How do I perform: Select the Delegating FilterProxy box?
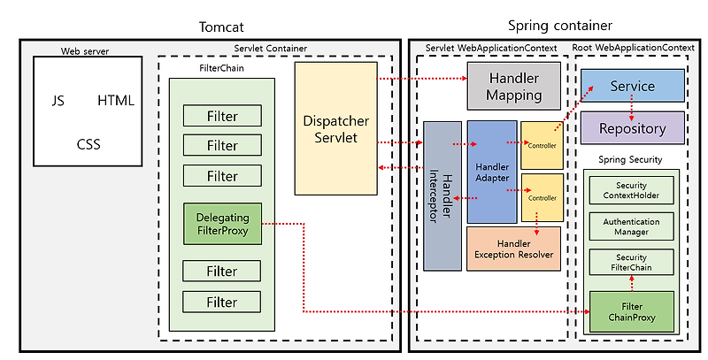(x=222, y=224)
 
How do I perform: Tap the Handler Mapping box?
(x=514, y=86)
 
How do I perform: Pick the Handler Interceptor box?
(x=442, y=195)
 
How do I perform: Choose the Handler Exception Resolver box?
(x=513, y=249)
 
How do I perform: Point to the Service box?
(x=632, y=86)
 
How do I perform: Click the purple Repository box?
(x=632, y=128)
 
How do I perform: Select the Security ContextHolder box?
(x=631, y=188)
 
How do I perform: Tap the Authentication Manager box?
(x=631, y=226)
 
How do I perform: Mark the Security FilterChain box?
(x=631, y=262)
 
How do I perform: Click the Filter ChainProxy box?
(x=631, y=310)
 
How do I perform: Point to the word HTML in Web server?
(x=116, y=101)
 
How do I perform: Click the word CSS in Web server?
(x=88, y=144)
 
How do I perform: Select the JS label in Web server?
(x=58, y=101)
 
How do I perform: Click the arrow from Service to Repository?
(x=631, y=107)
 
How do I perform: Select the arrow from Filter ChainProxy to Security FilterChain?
(x=631, y=282)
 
